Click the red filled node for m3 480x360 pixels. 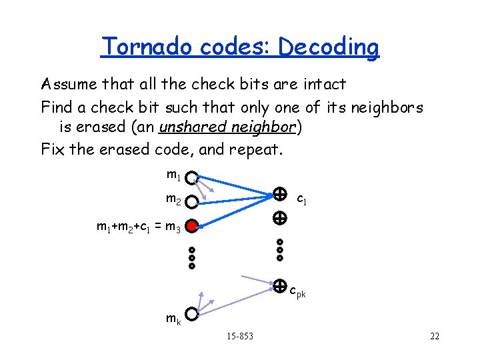(x=192, y=227)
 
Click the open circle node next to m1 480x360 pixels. (x=192, y=179)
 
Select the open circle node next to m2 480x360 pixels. (x=192, y=201)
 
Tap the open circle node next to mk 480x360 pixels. (x=192, y=313)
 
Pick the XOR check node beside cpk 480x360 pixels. (x=280, y=286)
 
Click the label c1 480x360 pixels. (x=301, y=199)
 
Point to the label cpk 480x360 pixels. (x=297, y=291)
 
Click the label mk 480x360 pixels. (x=173, y=319)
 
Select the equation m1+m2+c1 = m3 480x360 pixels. (x=138, y=228)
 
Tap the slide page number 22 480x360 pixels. (x=435, y=336)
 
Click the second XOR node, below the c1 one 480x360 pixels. (x=280, y=218)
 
